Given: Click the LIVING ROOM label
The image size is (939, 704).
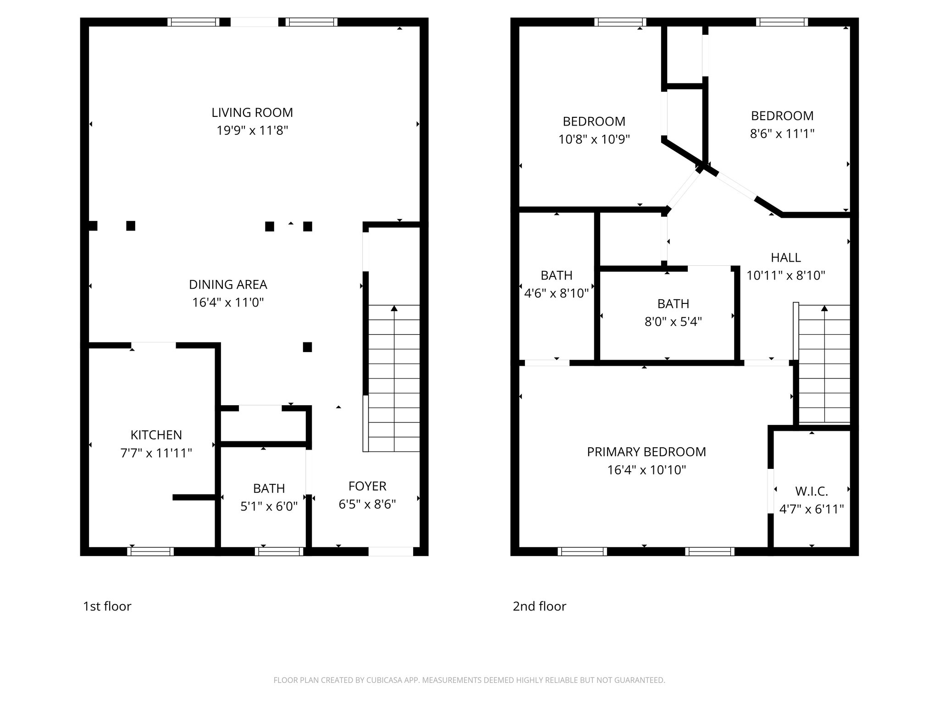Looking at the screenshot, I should point(252,112).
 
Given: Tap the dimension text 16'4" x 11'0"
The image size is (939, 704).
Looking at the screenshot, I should point(228,302).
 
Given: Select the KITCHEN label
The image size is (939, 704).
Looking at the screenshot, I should point(156,435).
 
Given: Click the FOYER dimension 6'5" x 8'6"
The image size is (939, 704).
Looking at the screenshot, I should point(367,504).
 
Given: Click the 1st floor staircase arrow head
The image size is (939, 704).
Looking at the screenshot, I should point(394,308).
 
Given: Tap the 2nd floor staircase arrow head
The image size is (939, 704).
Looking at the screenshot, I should point(824,308).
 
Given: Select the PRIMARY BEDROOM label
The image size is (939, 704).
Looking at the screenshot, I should point(646,452).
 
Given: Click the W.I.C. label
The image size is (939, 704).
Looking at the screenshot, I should point(812,491).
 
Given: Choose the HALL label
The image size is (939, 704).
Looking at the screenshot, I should point(786,258).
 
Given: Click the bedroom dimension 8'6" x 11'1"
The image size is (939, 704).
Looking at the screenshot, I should point(782,134).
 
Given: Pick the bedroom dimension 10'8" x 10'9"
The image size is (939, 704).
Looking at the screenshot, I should point(594,139).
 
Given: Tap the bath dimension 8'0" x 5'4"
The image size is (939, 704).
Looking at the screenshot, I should point(673,322).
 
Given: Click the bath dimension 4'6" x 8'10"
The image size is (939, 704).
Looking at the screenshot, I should point(556,293).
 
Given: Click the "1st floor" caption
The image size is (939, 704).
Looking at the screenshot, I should point(107,606).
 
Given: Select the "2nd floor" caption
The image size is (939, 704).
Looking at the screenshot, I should point(539,606).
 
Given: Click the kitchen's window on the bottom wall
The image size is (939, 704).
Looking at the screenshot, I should point(150,551).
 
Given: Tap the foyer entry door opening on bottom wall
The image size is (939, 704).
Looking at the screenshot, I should point(391,551).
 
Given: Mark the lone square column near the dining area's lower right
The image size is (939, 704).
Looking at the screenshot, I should point(308,347).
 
